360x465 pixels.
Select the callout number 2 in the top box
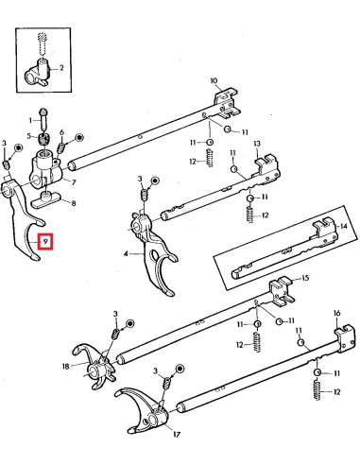click(61, 68)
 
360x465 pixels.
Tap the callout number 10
click(214, 81)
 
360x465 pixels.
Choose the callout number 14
click(343, 228)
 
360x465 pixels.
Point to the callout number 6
click(62, 132)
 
